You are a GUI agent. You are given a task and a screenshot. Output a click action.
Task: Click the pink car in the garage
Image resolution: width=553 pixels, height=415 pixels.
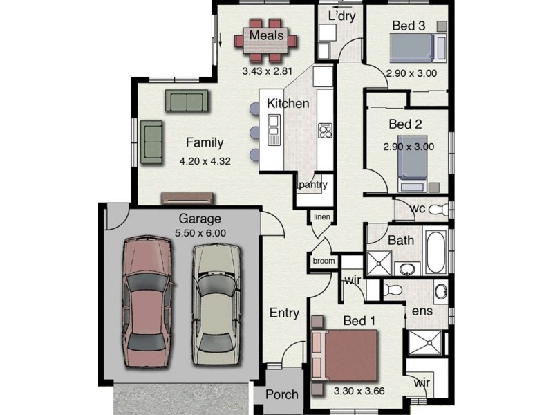[x=147, y=302]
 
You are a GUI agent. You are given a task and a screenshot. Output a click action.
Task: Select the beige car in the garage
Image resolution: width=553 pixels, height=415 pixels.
[x=216, y=304]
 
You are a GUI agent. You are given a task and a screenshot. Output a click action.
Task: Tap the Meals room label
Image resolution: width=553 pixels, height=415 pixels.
[x=266, y=35]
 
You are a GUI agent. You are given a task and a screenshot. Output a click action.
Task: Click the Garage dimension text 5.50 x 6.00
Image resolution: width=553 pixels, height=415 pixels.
[x=200, y=233]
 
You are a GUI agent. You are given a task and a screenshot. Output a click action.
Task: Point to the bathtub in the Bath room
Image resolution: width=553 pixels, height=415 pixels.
[x=436, y=252]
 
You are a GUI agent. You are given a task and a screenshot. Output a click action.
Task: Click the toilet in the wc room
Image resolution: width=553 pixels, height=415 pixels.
[x=438, y=210]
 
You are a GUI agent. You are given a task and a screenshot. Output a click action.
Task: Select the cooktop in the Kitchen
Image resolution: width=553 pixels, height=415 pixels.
[x=325, y=131]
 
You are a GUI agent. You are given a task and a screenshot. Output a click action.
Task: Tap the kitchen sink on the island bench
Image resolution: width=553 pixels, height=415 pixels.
[x=274, y=129]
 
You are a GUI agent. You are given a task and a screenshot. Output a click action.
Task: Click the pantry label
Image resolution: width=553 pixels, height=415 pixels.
[x=313, y=185]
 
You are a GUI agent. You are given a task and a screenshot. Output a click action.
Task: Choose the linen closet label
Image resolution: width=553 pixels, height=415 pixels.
[x=322, y=216]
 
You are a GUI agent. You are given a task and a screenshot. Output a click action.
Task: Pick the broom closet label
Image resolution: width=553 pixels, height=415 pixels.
[x=324, y=261]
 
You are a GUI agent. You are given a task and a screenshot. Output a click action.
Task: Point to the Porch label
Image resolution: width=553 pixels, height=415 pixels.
[x=282, y=394]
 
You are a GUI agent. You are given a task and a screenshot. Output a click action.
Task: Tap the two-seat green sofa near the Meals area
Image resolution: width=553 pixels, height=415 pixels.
[x=187, y=100]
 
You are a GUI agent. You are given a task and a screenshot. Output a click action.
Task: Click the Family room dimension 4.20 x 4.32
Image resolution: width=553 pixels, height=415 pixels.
[x=205, y=162]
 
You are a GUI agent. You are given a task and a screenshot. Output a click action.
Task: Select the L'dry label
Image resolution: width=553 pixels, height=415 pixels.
[x=341, y=16]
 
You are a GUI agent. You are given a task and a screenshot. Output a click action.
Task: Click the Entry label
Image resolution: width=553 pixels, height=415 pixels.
[x=284, y=313]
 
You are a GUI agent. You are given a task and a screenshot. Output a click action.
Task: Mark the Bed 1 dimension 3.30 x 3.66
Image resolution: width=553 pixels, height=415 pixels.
[x=359, y=391]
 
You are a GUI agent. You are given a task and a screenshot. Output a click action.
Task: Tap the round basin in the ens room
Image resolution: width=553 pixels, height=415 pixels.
[x=440, y=292]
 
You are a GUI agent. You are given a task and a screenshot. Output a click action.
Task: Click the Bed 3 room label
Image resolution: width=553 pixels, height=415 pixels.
[x=409, y=26]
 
